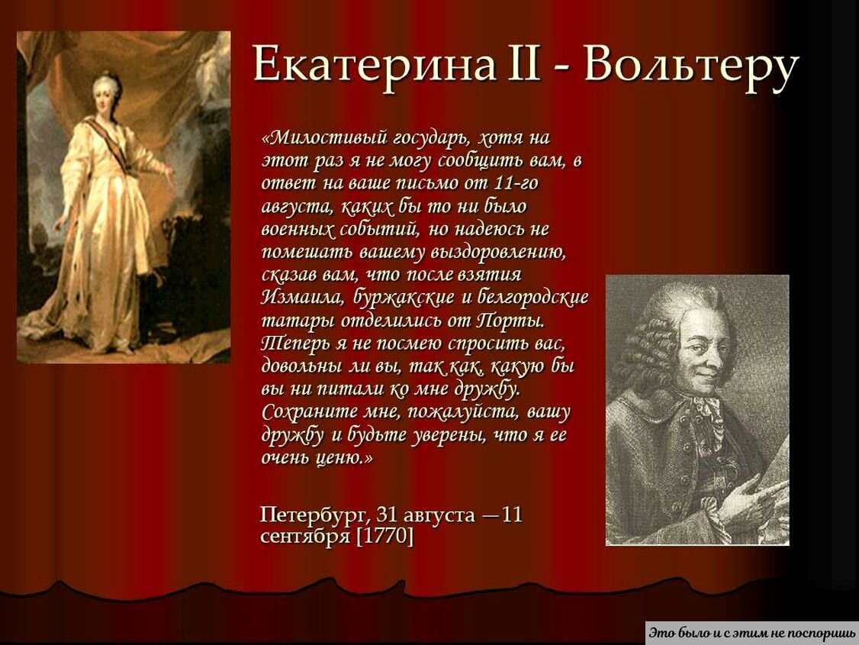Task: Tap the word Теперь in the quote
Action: (x=295, y=343)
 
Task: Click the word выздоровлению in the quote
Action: (x=498, y=252)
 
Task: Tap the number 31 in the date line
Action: (x=386, y=514)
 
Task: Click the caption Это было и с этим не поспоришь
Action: (x=752, y=633)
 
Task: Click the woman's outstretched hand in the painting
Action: (x=168, y=176)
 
